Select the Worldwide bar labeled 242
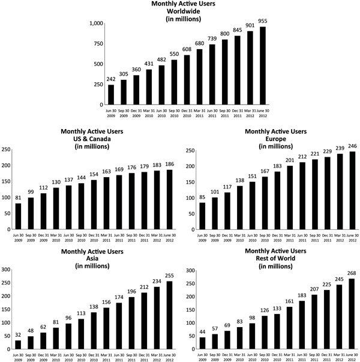[x=111, y=94]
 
